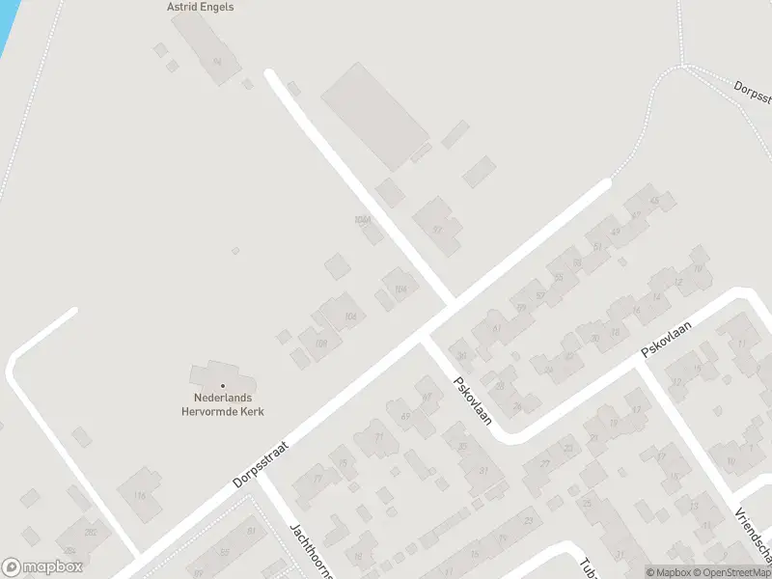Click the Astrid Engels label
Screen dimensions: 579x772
pyautogui.click(x=200, y=7)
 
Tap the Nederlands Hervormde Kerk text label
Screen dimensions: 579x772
pyautogui.click(x=223, y=404)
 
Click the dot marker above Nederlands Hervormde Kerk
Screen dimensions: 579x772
pyautogui.click(x=223, y=386)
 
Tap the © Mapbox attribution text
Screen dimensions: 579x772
pyautogui.click(x=669, y=572)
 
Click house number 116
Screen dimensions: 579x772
pyautogui.click(x=140, y=496)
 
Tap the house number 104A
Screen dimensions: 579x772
pyautogui.click(x=363, y=220)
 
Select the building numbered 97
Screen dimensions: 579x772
pyautogui.click(x=437, y=230)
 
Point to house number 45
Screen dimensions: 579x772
pyautogui.click(x=655, y=201)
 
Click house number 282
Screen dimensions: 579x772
pyautogui.click(x=91, y=533)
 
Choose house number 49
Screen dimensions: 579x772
pyautogui.click(x=615, y=232)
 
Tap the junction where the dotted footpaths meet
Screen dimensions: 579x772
pyautogui.click(x=682, y=66)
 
